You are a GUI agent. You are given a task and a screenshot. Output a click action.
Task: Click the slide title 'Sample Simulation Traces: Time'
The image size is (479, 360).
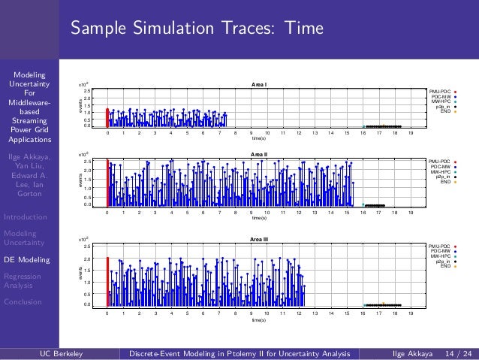(197, 29)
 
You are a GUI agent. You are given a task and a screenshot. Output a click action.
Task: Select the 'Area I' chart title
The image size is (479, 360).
(259, 85)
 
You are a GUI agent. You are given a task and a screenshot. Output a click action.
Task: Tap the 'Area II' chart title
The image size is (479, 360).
(259, 154)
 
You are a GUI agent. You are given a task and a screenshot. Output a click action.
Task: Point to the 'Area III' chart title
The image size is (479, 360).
(259, 238)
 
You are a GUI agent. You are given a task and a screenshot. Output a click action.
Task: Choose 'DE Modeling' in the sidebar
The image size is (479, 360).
(29, 260)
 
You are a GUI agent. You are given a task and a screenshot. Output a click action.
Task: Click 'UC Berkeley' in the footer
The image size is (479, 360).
(61, 352)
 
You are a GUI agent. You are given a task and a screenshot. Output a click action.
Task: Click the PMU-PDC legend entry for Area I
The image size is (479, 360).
(441, 91)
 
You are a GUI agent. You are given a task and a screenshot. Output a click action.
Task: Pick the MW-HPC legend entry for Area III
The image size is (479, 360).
(441, 256)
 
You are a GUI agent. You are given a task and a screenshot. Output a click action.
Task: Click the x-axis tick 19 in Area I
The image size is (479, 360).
(411, 133)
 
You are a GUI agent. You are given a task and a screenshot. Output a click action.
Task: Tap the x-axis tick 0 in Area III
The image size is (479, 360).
(107, 312)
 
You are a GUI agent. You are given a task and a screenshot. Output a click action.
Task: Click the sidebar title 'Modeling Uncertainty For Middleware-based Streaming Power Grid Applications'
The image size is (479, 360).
(29, 107)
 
